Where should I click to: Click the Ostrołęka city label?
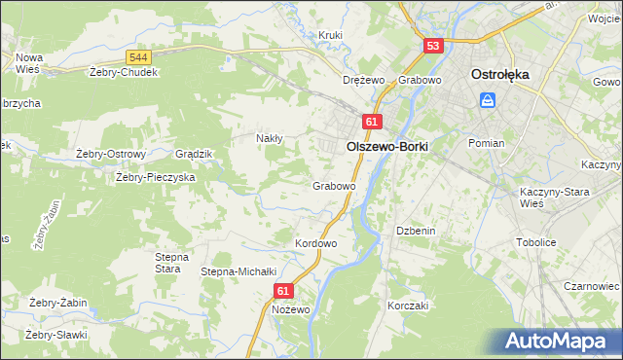tap(499, 74)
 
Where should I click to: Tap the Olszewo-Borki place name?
tap(387, 145)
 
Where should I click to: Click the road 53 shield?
tap(434, 46)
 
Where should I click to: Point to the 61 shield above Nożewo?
tap(283, 291)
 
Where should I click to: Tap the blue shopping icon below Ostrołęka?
tap(489, 99)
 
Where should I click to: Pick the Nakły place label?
tap(269, 138)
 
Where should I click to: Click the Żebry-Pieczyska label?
tap(156, 178)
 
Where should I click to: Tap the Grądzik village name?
tap(193, 154)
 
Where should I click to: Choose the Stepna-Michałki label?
tap(239, 271)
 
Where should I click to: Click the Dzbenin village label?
tap(415, 231)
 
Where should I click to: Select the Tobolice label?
tap(564, 242)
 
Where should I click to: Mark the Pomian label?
tap(486, 143)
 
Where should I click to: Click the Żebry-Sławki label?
tap(56, 335)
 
